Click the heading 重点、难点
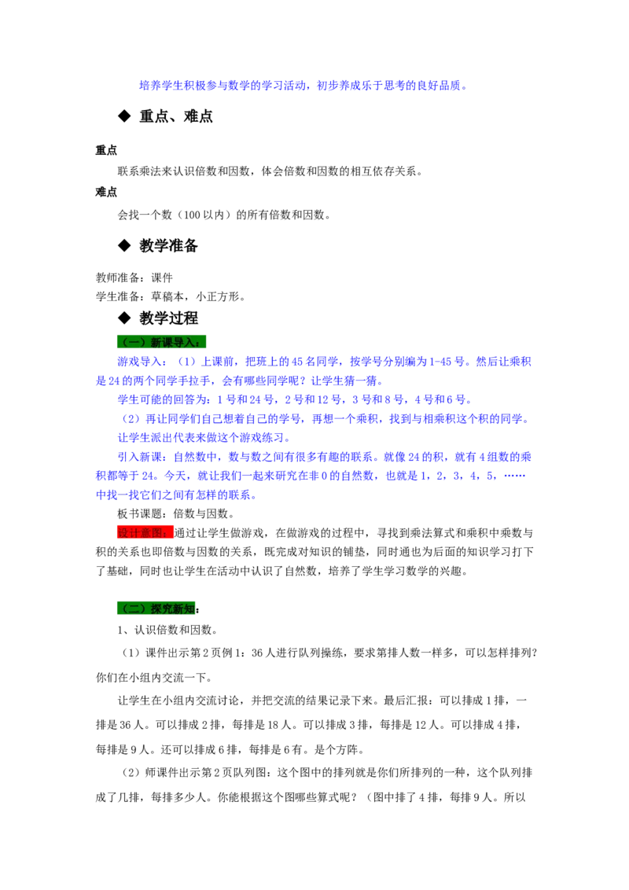coord(176,116)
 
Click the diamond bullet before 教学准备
coord(124,245)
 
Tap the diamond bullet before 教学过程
coord(124,318)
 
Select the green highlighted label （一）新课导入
coord(161,342)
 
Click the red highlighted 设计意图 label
coord(145,532)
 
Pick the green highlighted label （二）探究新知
coord(156,609)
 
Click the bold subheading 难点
coord(106,192)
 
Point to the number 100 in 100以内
coord(192,215)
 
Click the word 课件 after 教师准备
coord(162,278)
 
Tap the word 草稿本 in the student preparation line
coord(167,296)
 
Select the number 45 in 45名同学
coord(297,362)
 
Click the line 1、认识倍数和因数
coord(167,630)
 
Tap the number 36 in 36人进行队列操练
coord(257,653)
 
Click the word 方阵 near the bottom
coord(348,750)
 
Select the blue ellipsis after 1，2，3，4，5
coord(514,476)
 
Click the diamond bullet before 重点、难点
coord(124,116)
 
